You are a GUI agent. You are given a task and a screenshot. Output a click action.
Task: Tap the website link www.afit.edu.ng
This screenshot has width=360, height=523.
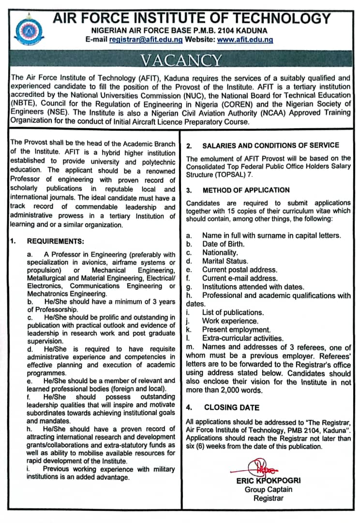[245, 40]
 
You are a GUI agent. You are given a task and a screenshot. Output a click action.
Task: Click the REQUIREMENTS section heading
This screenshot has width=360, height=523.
[56, 241]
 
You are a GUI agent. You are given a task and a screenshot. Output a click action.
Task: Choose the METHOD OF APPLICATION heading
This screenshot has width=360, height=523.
[246, 190]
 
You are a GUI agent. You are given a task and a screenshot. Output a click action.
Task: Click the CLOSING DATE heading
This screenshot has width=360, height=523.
[231, 408]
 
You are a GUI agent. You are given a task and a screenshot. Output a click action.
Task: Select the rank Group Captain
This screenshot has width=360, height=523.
[268, 490]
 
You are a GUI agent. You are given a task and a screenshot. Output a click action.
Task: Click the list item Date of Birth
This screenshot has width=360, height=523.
[223, 244]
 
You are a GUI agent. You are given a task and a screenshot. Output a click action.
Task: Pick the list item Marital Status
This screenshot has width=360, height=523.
[225, 261]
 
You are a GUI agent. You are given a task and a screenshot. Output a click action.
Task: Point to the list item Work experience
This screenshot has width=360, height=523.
[230, 321]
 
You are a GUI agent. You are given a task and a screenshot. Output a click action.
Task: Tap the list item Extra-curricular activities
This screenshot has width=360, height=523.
[243, 338]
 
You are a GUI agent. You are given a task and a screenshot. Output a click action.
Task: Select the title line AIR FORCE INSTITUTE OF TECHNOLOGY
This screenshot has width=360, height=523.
[192, 18]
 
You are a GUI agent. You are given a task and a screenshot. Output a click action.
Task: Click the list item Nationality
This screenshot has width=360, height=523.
[220, 253]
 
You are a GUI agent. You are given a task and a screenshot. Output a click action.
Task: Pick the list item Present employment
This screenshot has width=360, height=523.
[236, 329]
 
